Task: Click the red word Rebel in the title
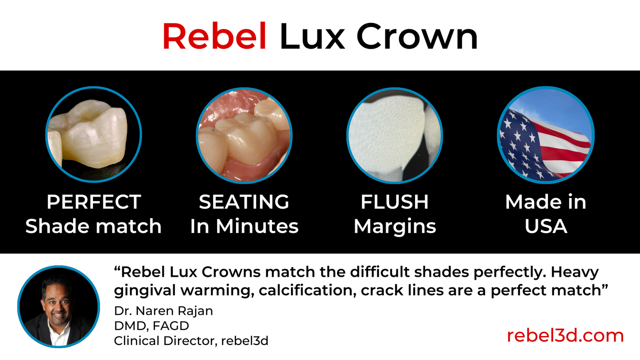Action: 214,37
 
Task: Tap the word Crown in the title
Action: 417,37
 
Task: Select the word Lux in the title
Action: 312,37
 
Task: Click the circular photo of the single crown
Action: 93,134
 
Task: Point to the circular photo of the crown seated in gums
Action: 244,134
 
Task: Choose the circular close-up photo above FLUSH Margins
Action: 395,134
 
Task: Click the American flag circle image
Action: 545,134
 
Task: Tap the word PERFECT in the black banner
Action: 93,202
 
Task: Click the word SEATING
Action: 244,202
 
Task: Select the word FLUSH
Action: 395,202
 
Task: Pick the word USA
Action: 545,226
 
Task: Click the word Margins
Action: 395,226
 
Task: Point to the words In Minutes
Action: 244,226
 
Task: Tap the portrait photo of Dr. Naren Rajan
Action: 58,306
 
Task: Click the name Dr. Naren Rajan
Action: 163,311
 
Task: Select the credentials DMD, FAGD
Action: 151,326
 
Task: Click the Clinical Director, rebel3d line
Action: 191,341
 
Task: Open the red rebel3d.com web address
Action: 565,336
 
